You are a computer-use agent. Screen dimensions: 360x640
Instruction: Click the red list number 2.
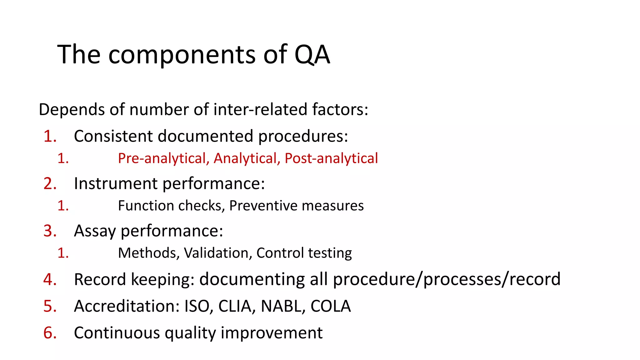coord(50,183)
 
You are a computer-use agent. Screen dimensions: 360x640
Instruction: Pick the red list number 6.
coord(50,333)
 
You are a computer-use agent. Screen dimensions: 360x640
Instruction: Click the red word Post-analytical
coord(331,158)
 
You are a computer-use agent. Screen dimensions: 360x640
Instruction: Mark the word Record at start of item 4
coord(100,279)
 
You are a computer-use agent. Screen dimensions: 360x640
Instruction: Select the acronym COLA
coord(331,306)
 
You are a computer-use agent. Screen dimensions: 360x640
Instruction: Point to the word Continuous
coord(117,333)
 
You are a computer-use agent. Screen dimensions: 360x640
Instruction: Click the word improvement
coord(272,333)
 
